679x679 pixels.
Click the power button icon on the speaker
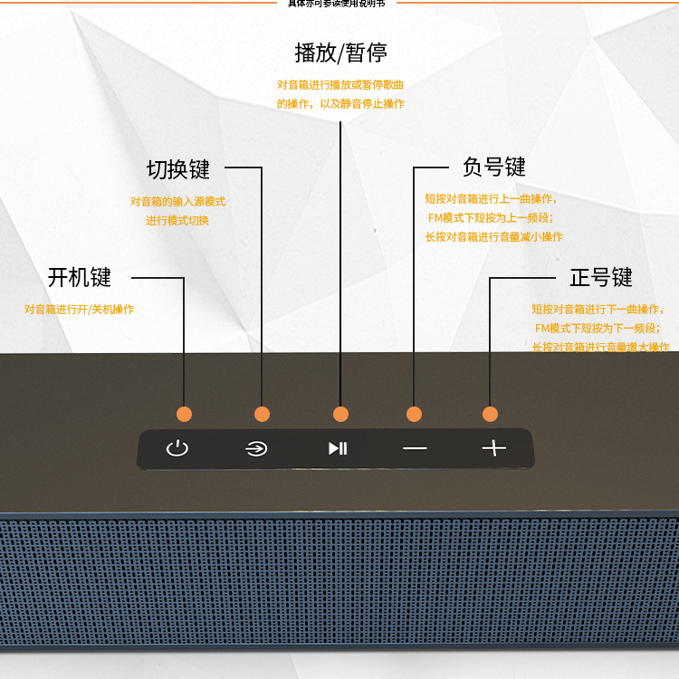pyautogui.click(x=177, y=448)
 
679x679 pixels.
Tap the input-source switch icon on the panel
pyautogui.click(x=256, y=448)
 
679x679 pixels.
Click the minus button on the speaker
pyautogui.click(x=415, y=449)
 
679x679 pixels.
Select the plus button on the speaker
pyautogui.click(x=493, y=448)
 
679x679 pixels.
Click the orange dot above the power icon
pyautogui.click(x=184, y=414)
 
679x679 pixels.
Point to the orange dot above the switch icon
pyautogui.click(x=262, y=414)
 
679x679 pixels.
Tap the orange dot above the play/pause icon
pyautogui.click(x=340, y=414)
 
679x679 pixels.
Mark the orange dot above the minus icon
pyautogui.click(x=415, y=414)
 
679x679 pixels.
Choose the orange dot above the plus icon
pyautogui.click(x=490, y=414)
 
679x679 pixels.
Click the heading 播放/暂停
pyautogui.click(x=340, y=53)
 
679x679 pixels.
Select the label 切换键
pyautogui.click(x=178, y=169)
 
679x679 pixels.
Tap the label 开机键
pyautogui.click(x=80, y=277)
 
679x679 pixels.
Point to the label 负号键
pyautogui.click(x=493, y=167)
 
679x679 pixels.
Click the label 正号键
pyautogui.click(x=600, y=277)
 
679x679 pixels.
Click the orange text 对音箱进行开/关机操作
pyautogui.click(x=79, y=310)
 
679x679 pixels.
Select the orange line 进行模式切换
pyautogui.click(x=177, y=220)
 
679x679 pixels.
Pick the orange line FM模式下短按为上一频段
pyautogui.click(x=490, y=218)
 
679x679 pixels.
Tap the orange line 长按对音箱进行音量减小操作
pyautogui.click(x=493, y=237)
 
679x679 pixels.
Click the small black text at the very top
pyautogui.click(x=336, y=4)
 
